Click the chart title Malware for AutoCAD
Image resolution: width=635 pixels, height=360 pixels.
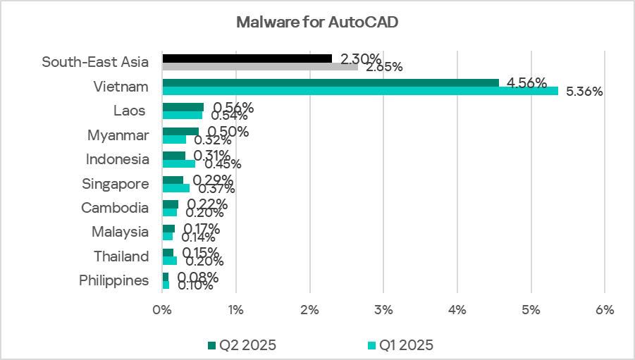click(317, 23)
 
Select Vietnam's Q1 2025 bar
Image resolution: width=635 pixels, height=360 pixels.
click(359, 91)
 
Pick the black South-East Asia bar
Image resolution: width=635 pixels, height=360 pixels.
click(247, 58)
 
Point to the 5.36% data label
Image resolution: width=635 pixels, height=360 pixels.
click(585, 92)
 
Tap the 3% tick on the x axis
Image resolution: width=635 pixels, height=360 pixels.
click(383, 309)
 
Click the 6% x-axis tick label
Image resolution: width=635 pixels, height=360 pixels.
click(605, 309)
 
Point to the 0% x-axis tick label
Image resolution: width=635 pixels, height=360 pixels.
click(162, 309)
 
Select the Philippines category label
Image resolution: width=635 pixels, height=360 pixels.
click(114, 280)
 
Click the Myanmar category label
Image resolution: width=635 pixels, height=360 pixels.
click(118, 135)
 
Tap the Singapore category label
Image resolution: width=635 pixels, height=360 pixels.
click(116, 184)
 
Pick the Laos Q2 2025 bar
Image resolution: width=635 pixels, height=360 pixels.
click(183, 107)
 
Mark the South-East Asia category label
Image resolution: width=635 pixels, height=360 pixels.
click(95, 62)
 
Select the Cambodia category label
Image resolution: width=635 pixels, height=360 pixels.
click(116, 208)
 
